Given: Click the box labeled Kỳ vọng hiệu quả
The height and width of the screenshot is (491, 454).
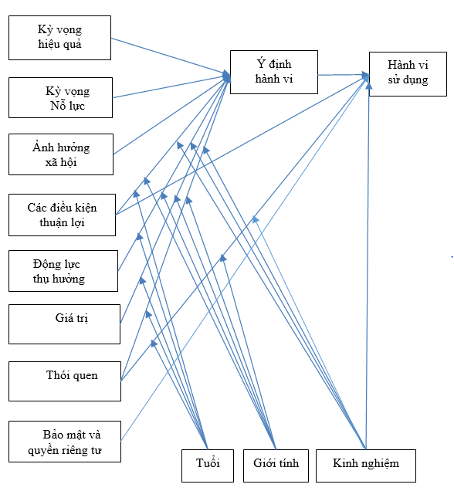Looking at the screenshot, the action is coord(59,38).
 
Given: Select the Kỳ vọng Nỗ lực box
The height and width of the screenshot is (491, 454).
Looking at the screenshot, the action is coord(60,98).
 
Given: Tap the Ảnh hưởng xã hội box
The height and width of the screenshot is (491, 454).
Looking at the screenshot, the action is coord(61,154).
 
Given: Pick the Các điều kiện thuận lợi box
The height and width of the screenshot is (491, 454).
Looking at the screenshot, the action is coord(62,215).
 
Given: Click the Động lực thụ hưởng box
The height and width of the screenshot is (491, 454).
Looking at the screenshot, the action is coord(63,271).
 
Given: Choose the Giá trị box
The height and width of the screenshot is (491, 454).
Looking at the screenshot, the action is coord(65,324).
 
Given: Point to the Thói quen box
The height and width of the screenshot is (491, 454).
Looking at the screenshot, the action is coord(65,381).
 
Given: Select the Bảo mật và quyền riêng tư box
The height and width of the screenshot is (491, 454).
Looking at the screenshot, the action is coord(65,442).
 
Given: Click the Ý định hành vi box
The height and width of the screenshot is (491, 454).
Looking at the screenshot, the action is coord(274,72).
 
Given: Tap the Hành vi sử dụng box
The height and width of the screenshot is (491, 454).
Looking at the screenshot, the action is coord(408,74).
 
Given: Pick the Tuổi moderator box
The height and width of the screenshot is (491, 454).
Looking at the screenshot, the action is coord(208,466).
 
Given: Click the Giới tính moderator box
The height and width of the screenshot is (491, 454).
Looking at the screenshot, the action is coord(276,466).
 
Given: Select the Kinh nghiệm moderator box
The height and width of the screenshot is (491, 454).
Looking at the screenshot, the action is coord(366,466).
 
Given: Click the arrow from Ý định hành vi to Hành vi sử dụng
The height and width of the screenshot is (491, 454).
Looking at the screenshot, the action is coord(344,75).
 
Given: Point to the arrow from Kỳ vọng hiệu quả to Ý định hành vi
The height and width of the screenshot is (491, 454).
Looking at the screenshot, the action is coord(171,56).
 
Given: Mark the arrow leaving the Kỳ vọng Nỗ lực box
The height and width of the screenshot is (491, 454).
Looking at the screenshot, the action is coord(171,86).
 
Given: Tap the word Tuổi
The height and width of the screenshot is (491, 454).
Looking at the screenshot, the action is coord(208,462).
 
